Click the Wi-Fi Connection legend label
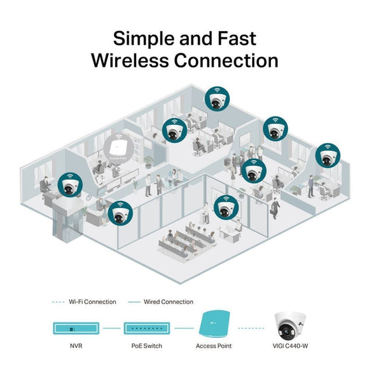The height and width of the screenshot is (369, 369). (x=92, y=302)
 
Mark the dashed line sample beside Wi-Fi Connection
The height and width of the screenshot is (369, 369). (x=59, y=302)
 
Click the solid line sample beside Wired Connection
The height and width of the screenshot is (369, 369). (x=135, y=302)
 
